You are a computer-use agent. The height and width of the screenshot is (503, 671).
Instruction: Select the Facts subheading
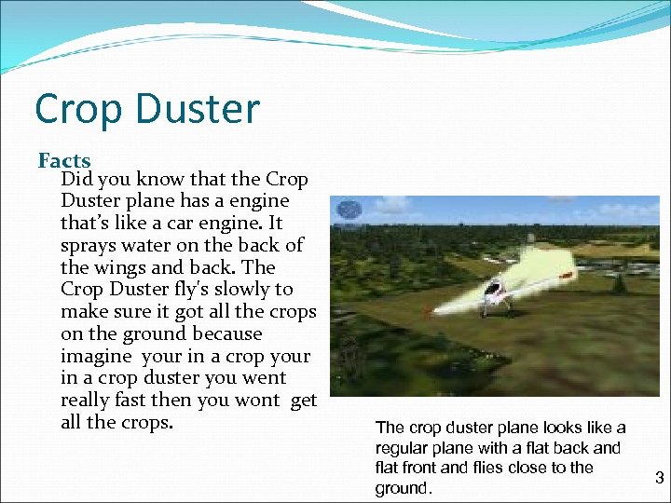click(64, 161)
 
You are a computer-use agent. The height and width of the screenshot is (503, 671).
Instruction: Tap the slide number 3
click(659, 478)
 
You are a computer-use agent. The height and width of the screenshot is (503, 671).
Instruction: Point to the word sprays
click(89, 245)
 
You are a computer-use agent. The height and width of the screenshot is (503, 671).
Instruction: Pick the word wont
click(256, 401)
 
